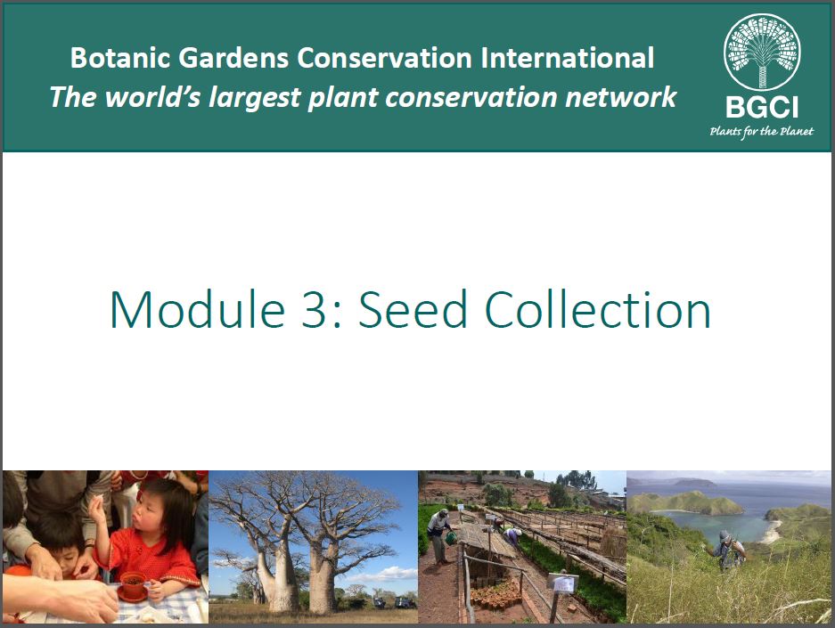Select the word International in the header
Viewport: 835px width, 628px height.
coord(567,58)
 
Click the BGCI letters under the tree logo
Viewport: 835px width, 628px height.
coord(762,108)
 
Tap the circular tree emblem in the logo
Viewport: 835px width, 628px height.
coord(762,53)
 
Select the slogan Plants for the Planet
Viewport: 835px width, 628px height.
coord(762,132)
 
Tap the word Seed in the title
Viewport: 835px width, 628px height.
coord(413,310)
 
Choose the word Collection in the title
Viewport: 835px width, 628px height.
coord(598,310)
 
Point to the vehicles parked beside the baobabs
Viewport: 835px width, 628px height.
coord(393,602)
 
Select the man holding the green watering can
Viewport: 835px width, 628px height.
coord(439,535)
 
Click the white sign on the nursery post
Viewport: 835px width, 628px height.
coord(563,583)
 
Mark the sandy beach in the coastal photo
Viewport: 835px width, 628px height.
coord(771,531)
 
